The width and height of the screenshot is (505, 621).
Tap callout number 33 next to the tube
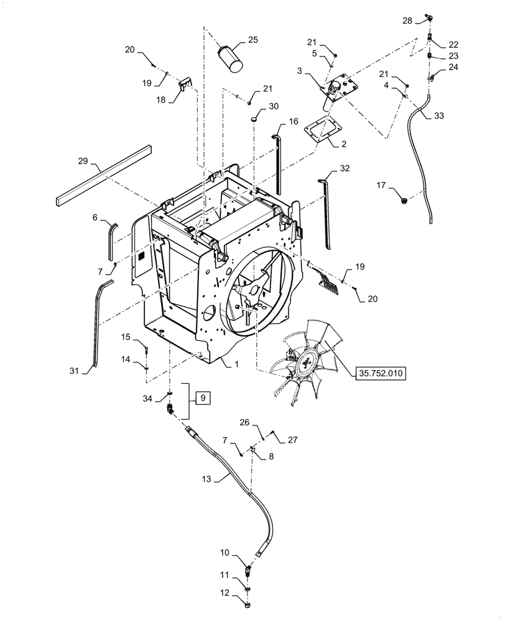(x=438, y=115)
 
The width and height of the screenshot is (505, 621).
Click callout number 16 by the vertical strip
(x=294, y=121)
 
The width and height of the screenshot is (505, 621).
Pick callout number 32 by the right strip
(x=345, y=168)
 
